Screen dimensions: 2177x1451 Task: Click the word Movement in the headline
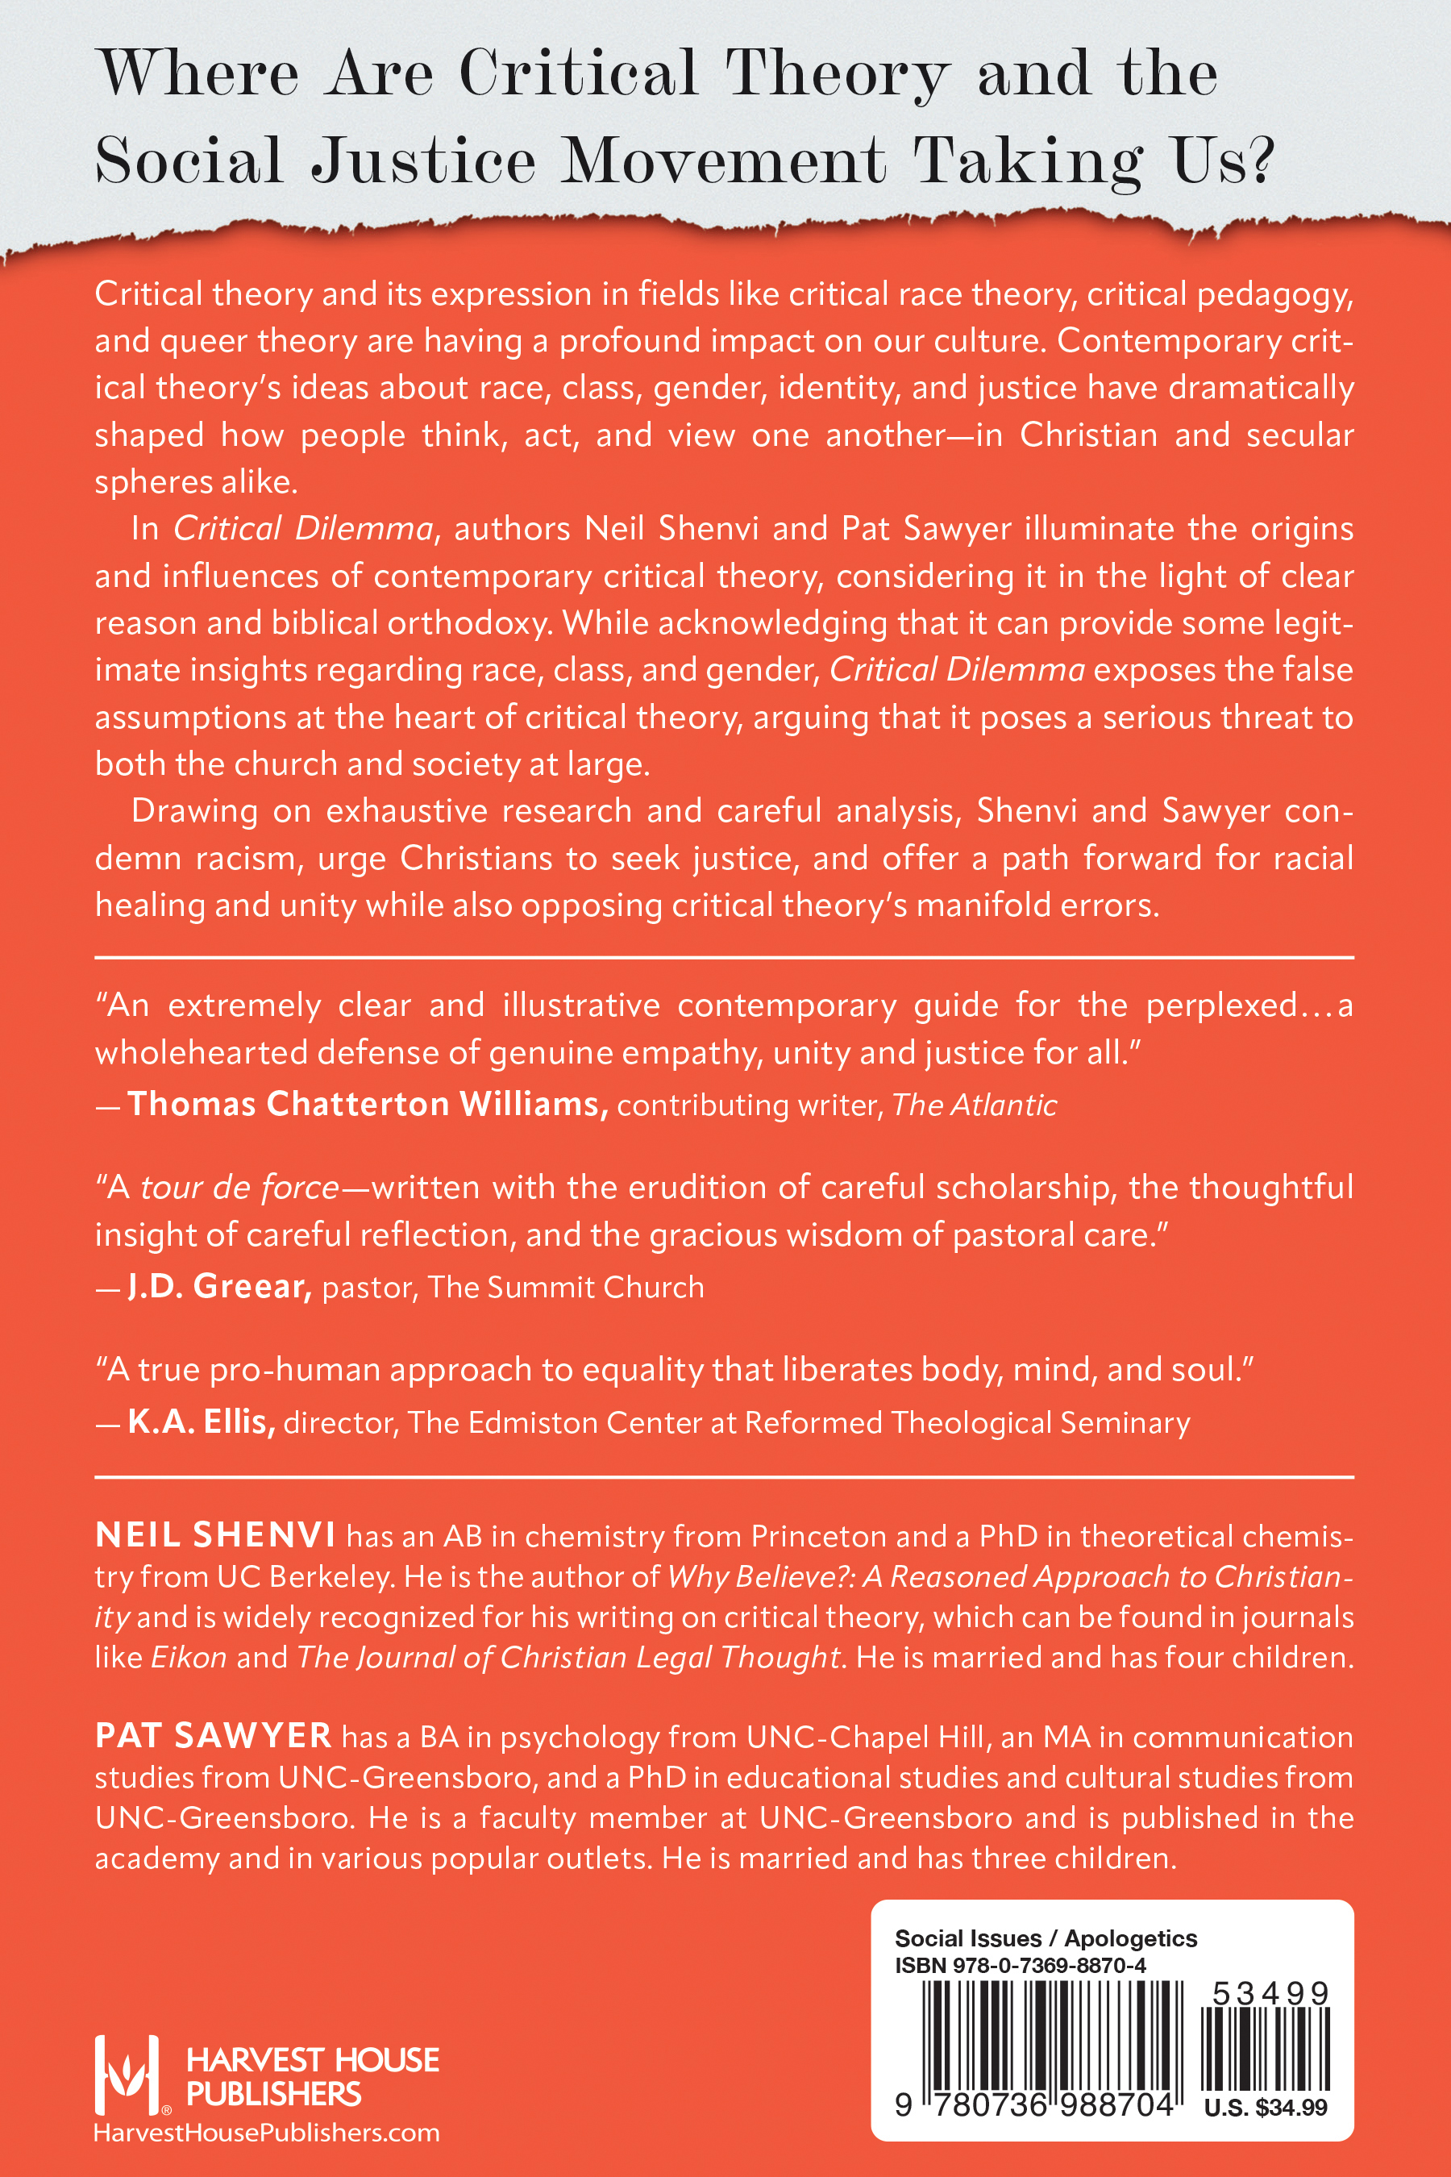pos(724,161)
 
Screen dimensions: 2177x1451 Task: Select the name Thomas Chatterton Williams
pos(367,1105)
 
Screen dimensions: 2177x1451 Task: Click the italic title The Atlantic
pos(974,1105)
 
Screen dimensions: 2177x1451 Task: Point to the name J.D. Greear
pos(219,1287)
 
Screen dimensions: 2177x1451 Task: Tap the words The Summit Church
pos(565,1288)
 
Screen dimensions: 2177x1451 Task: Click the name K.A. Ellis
pos(202,1422)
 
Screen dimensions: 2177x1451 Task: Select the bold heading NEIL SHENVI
pos(214,1535)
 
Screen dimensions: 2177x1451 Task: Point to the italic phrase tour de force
pos(239,1188)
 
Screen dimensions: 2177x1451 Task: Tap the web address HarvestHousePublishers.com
pos(267,2133)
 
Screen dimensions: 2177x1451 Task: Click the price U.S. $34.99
pos(1265,2108)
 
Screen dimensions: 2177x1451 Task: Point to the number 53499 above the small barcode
pos(1270,1994)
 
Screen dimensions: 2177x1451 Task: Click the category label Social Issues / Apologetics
pos(1045,1938)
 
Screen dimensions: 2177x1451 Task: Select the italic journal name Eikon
pos(189,1657)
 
